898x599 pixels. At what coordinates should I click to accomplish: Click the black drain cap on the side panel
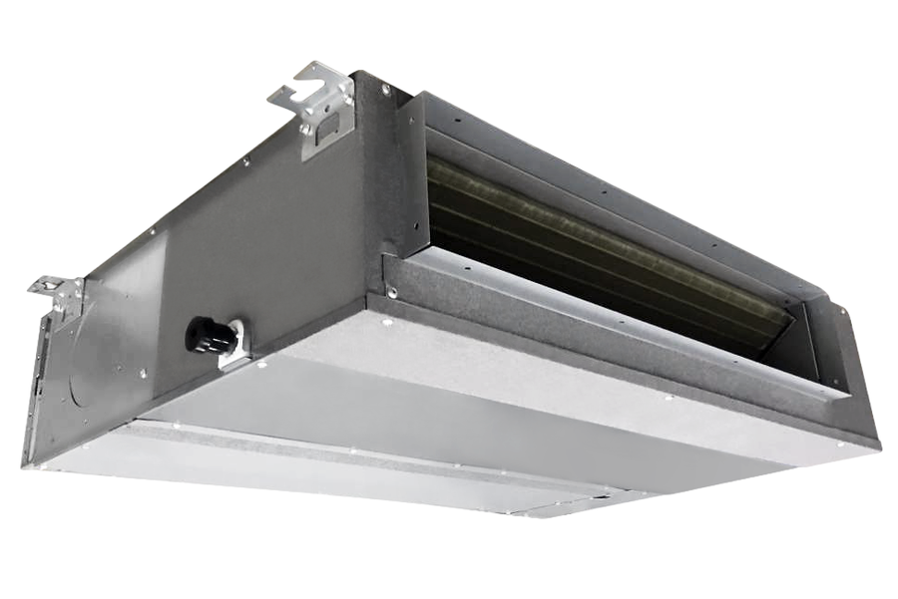tap(208, 336)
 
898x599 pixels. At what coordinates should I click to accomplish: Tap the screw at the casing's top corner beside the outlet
tap(385, 91)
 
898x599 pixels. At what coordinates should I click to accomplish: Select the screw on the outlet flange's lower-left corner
tap(393, 293)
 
